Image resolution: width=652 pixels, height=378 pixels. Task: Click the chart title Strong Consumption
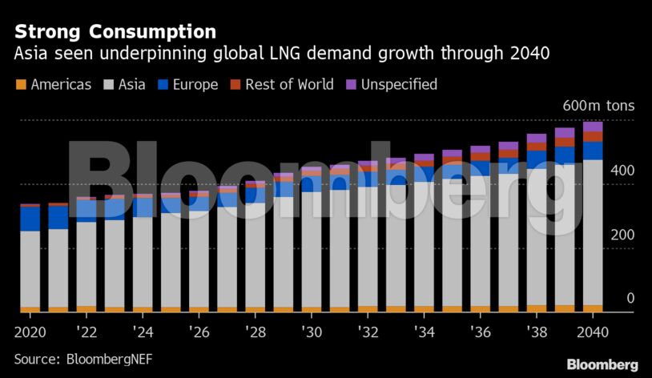[x=115, y=31]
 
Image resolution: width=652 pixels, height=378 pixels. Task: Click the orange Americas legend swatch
[x=20, y=84]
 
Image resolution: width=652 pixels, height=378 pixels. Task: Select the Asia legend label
[x=132, y=84]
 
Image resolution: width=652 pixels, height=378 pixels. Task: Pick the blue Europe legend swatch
[x=163, y=84]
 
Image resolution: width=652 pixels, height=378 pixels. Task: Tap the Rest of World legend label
[x=289, y=84]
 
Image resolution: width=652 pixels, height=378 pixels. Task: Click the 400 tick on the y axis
[x=601, y=171]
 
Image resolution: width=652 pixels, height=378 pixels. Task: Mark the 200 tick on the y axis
[x=601, y=235]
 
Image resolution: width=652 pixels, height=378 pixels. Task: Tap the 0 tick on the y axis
[x=608, y=298]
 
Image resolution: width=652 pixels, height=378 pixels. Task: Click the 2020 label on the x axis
[x=30, y=332]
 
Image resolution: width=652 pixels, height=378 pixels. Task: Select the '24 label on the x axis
[x=143, y=332]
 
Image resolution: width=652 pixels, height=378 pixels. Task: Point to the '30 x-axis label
[x=312, y=332]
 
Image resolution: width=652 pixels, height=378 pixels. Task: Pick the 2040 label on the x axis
[x=593, y=332]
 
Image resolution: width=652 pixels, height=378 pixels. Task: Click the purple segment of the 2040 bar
[x=593, y=127]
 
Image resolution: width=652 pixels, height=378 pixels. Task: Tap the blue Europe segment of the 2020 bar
[x=30, y=219]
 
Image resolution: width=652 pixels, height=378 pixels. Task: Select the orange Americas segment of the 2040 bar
[x=593, y=308]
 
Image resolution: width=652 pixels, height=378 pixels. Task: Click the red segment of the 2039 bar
[x=565, y=142]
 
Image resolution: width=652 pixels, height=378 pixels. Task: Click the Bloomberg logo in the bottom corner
[x=602, y=364]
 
